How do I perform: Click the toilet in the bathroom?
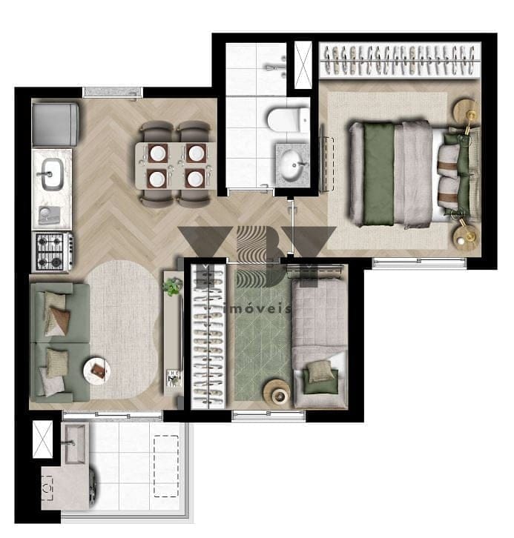click(x=288, y=120)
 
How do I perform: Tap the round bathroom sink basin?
click(x=291, y=166)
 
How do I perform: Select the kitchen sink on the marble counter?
click(x=52, y=174)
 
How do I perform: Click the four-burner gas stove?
click(x=53, y=251)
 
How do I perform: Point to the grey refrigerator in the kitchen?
click(x=56, y=124)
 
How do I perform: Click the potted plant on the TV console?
click(x=173, y=287)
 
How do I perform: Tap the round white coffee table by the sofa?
click(x=97, y=371)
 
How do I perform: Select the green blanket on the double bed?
click(x=379, y=173)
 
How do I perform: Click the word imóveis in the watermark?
click(x=257, y=309)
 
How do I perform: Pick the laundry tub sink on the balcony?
click(x=75, y=443)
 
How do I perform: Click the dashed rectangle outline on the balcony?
click(x=166, y=466)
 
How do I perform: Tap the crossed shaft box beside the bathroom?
click(x=303, y=65)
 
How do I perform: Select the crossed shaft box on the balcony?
click(x=42, y=439)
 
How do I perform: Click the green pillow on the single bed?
click(x=320, y=382)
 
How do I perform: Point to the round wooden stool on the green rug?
click(x=277, y=391)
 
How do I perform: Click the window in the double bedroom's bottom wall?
click(x=419, y=263)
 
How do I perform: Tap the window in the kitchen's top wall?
click(x=112, y=93)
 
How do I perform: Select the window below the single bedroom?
click(x=268, y=416)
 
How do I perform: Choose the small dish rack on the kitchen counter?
click(x=49, y=215)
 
